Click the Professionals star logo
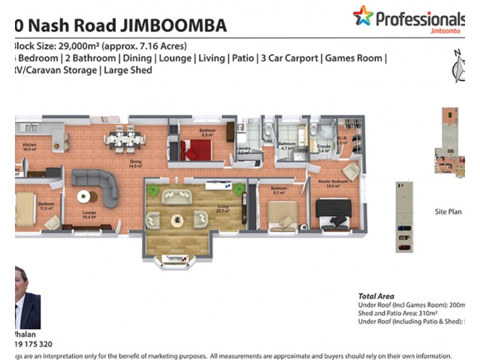coord(363,16)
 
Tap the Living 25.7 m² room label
coord(223,209)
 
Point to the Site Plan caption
coord(448,212)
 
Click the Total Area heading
coord(376,296)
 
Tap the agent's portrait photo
coord(27,299)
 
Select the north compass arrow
coord(459,63)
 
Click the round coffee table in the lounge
coord(86,196)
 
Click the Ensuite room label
coord(323,148)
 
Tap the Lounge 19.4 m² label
coord(89,214)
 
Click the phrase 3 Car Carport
coord(288,58)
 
